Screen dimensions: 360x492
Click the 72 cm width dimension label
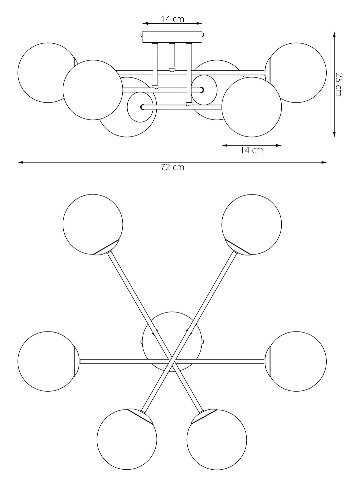173,167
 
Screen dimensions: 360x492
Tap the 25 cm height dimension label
338,84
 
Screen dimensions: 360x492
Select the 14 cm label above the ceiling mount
173,19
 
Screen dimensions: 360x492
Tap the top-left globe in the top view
93,224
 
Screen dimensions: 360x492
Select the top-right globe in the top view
252,224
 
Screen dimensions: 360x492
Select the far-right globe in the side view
296,73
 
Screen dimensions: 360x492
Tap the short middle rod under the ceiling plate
172,57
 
